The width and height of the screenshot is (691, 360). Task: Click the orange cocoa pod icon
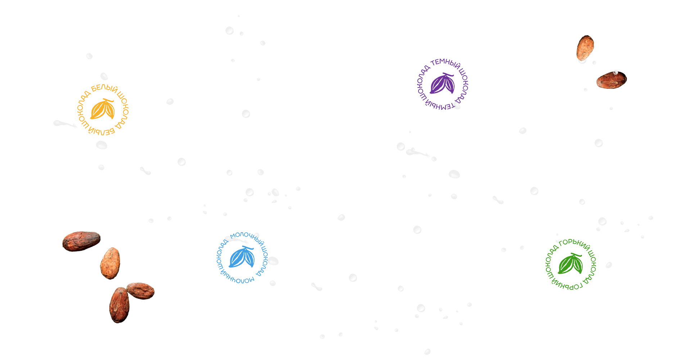click(103, 109)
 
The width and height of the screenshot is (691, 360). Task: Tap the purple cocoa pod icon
click(442, 84)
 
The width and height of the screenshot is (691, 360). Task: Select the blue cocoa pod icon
click(242, 257)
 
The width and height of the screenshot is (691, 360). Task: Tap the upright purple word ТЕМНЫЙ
click(446, 63)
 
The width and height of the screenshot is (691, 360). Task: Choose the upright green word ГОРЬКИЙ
click(575, 244)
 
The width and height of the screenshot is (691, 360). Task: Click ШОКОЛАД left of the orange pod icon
click(82, 110)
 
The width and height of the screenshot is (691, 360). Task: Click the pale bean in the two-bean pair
click(585, 48)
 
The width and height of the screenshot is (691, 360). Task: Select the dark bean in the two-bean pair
click(611, 80)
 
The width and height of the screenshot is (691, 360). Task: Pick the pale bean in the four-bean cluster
click(110, 263)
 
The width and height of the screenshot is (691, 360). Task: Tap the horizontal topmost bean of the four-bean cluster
click(81, 241)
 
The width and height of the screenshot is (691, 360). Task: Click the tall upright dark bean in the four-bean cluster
click(119, 305)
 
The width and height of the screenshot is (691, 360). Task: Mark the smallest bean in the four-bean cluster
click(141, 291)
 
